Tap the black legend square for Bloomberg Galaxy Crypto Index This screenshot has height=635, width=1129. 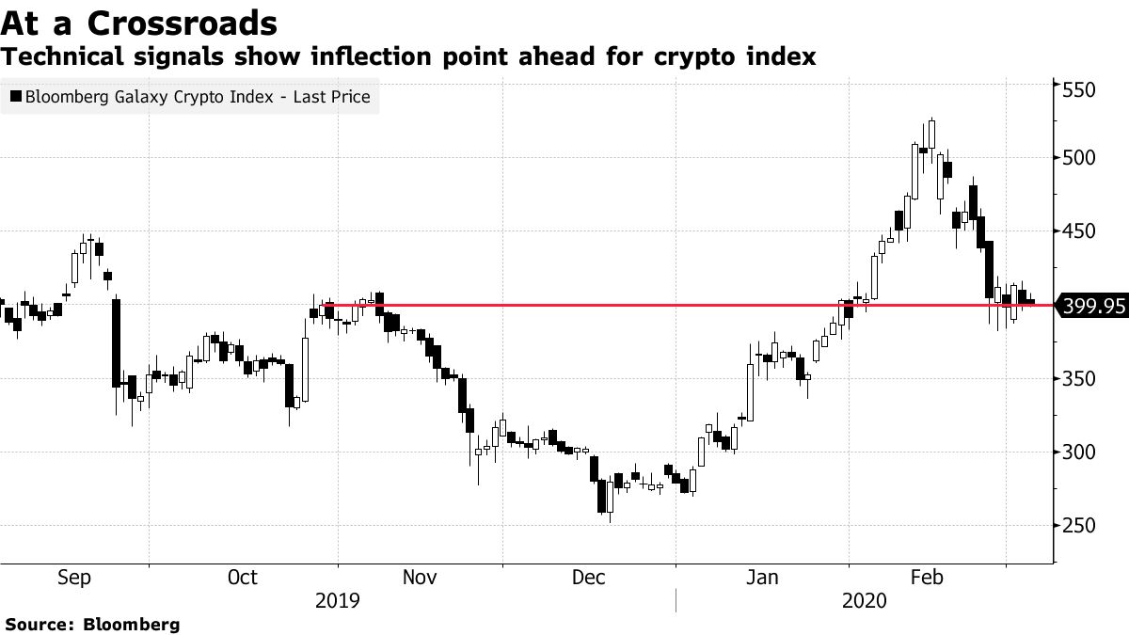15,96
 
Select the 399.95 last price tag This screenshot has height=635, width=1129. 1092,306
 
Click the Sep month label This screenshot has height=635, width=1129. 73,578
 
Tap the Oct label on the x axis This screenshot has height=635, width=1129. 243,578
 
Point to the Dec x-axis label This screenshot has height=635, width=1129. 588,578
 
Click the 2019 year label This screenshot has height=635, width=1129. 336,600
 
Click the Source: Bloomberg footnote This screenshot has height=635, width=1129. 92,624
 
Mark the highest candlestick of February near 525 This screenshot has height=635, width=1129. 931,134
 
